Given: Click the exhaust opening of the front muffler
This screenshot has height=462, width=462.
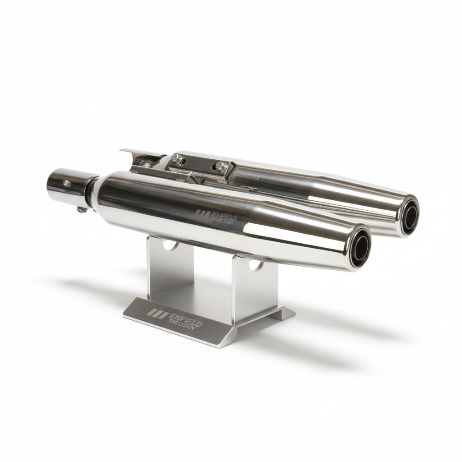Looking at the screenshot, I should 358,248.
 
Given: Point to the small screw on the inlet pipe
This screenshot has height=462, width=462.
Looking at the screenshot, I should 67,183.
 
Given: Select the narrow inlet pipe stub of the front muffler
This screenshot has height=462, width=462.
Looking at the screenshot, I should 68,186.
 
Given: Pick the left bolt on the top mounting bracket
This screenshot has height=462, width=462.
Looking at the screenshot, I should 177,159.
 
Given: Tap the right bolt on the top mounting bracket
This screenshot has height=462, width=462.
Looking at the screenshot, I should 221,166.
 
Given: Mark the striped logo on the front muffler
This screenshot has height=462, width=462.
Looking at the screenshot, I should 203,214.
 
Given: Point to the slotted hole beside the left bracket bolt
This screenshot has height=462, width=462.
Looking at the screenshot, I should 147,165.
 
